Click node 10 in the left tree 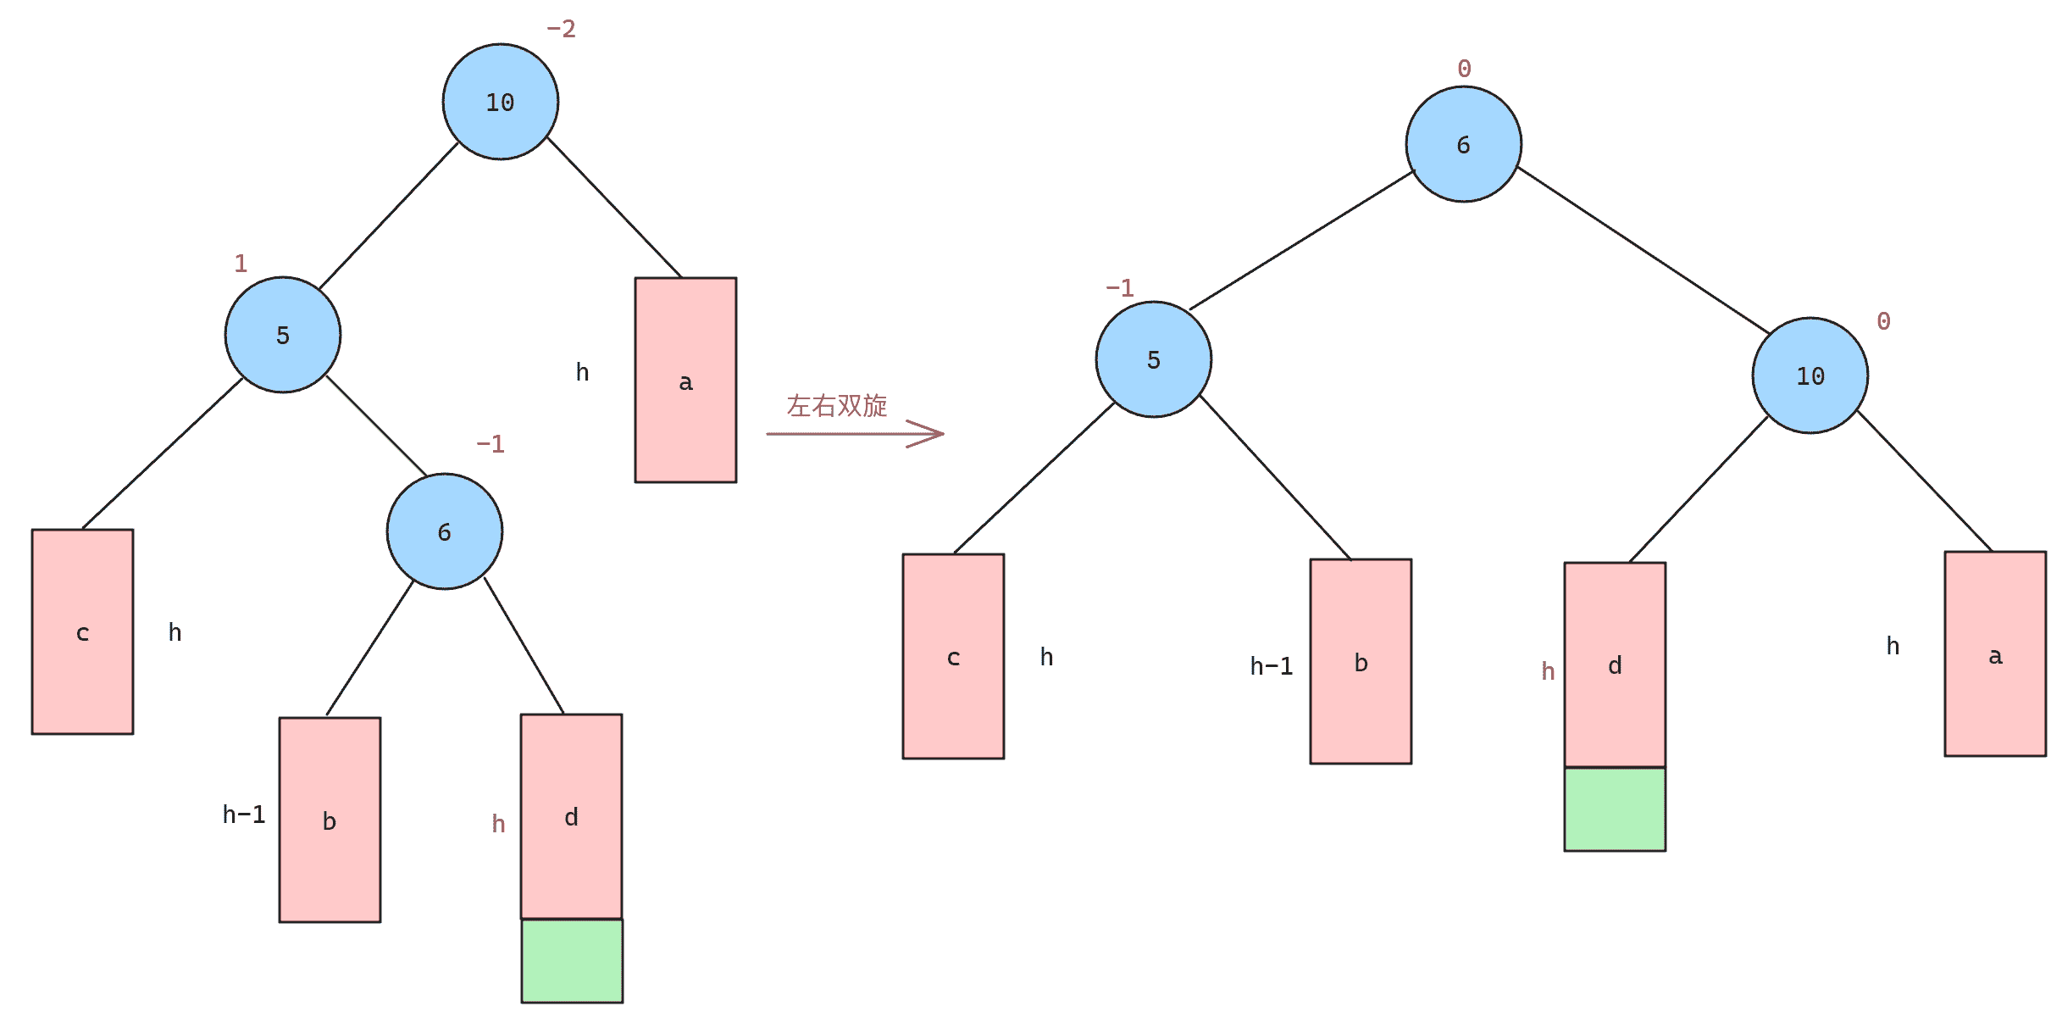coord(500,102)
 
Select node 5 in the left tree coord(283,335)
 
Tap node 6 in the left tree coord(445,531)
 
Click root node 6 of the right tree coord(1463,144)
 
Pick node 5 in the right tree coord(1153,359)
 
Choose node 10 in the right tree coord(1810,375)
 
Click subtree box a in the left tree coord(685,380)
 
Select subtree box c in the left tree coord(82,631)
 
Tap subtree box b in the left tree coord(330,820)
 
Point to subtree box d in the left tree coord(571,816)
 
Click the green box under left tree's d coord(572,961)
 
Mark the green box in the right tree coord(1615,809)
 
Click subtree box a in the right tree coord(1995,653)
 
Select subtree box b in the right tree coord(1361,661)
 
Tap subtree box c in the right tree coord(953,656)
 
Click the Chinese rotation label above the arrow coord(837,405)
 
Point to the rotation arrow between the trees coord(855,433)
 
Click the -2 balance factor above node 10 coord(561,30)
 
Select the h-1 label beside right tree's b coord(1272,666)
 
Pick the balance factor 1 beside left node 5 coord(241,264)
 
